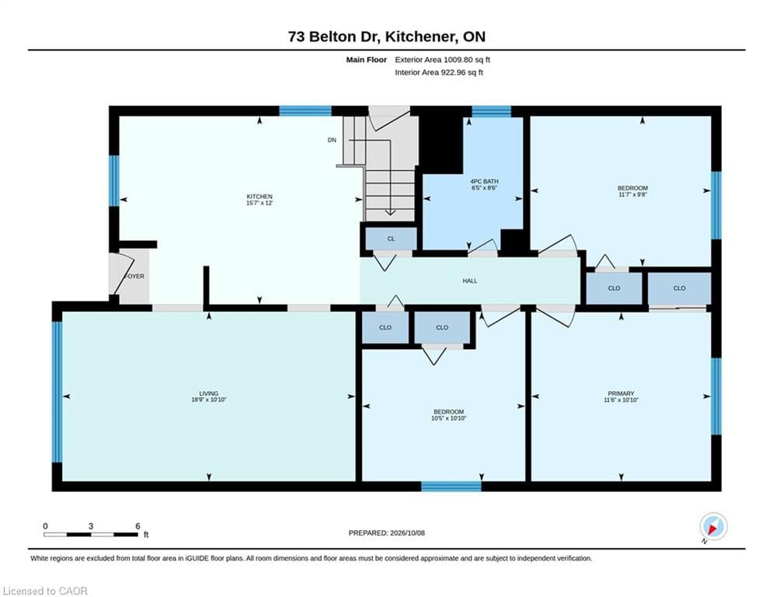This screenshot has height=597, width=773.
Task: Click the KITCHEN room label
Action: tap(259, 197)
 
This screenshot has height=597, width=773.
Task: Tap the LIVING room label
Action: tap(208, 393)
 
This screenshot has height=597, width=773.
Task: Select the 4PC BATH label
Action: tap(484, 182)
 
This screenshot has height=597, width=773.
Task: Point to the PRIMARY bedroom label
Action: tap(621, 393)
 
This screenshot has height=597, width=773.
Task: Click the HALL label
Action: tap(470, 281)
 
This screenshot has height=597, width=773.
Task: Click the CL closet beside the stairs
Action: tap(391, 239)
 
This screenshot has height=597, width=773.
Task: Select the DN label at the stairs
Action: tap(332, 140)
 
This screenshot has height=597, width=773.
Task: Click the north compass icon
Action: tap(713, 526)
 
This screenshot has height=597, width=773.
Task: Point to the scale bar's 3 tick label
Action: tap(91, 526)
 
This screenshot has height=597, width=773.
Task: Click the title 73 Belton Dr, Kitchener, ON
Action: tap(387, 37)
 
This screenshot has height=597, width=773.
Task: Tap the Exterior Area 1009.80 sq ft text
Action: tap(442, 60)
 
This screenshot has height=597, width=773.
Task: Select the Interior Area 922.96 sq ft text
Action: tap(439, 72)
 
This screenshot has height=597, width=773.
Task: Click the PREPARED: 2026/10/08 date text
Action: tap(387, 532)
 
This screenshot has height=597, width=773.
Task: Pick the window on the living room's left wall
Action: tap(57, 392)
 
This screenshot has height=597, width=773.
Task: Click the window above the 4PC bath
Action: tap(491, 111)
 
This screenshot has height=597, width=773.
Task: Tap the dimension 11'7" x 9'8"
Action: tap(632, 194)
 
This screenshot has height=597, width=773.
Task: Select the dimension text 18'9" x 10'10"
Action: tap(208, 400)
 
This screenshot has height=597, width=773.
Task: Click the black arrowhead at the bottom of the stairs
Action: tap(390, 213)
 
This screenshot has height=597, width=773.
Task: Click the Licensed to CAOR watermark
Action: tap(45, 591)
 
